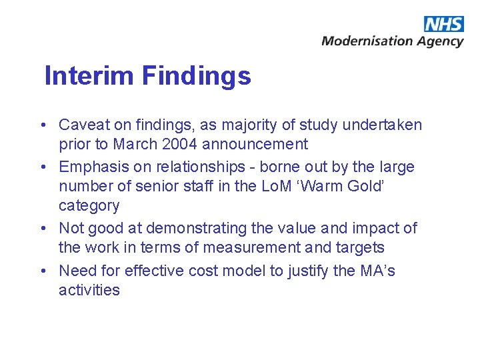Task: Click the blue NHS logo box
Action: [443, 24]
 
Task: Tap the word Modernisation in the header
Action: [367, 41]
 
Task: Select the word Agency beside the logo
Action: [440, 42]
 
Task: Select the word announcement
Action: [255, 144]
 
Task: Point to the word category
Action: [89, 205]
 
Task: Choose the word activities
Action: [89, 289]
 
